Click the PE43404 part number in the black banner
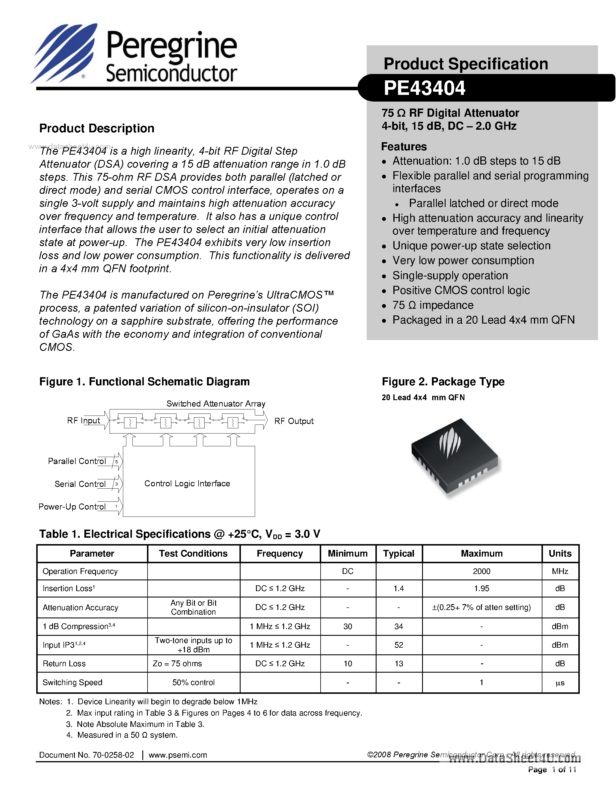click(424, 88)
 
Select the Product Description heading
click(97, 128)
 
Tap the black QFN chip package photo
click(454, 457)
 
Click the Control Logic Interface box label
click(187, 483)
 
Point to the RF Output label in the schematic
click(294, 421)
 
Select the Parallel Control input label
click(77, 461)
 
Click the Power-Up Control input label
click(72, 507)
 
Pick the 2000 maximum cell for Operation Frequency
click(481, 571)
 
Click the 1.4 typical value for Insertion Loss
click(399, 588)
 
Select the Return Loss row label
click(64, 664)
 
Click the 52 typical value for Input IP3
click(399, 645)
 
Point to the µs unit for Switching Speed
click(560, 683)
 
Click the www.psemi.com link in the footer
click(178, 755)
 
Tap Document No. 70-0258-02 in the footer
click(86, 755)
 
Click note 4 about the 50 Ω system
click(122, 735)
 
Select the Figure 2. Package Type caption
click(443, 382)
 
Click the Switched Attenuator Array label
click(216, 403)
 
